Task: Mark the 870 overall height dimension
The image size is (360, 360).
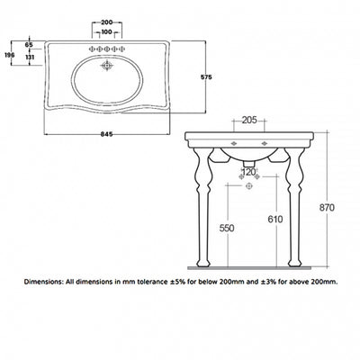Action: [327, 208]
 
